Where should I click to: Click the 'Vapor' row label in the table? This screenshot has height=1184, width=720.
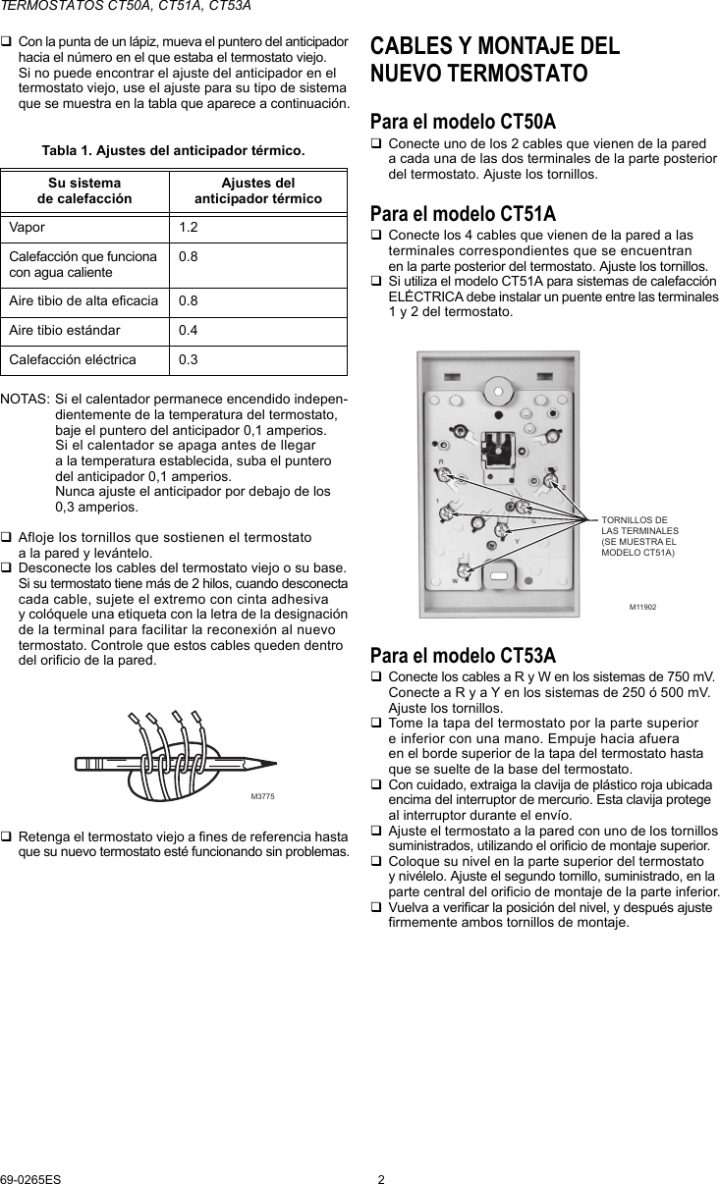pyautogui.click(x=28, y=228)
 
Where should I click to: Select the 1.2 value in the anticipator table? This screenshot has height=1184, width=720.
pyautogui.click(x=188, y=228)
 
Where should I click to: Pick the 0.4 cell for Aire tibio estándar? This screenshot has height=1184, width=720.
pyautogui.click(x=188, y=330)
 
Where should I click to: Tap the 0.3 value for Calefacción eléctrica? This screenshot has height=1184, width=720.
pyautogui.click(x=188, y=359)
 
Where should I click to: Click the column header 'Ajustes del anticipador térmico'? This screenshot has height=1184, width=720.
pyautogui.click(x=257, y=190)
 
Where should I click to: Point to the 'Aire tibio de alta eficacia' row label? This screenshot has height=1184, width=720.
pyautogui.click(x=83, y=301)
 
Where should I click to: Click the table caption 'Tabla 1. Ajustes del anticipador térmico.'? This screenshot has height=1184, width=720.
pyautogui.click(x=173, y=150)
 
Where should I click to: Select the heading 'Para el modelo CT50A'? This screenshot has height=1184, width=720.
pyautogui.click(x=462, y=122)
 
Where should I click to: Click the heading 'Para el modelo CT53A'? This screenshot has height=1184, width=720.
pyautogui.click(x=462, y=655)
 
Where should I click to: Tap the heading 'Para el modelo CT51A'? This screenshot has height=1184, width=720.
pyautogui.click(x=462, y=213)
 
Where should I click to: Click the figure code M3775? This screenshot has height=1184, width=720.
pyautogui.click(x=262, y=795)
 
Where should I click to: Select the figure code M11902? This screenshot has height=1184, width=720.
pyautogui.click(x=642, y=607)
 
